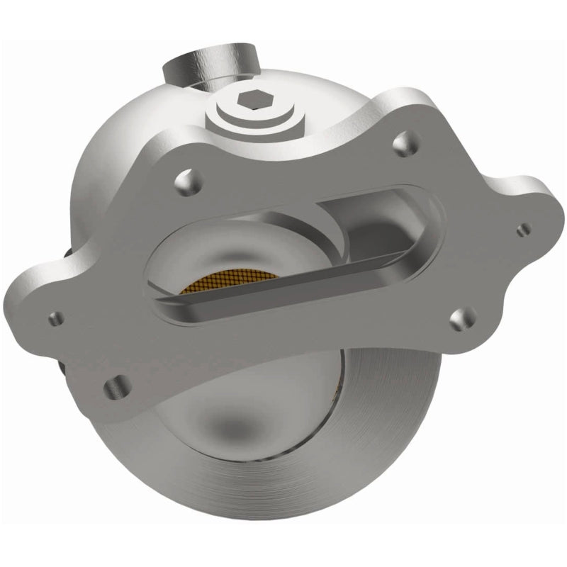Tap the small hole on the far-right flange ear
pyautogui.click(x=524, y=229)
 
